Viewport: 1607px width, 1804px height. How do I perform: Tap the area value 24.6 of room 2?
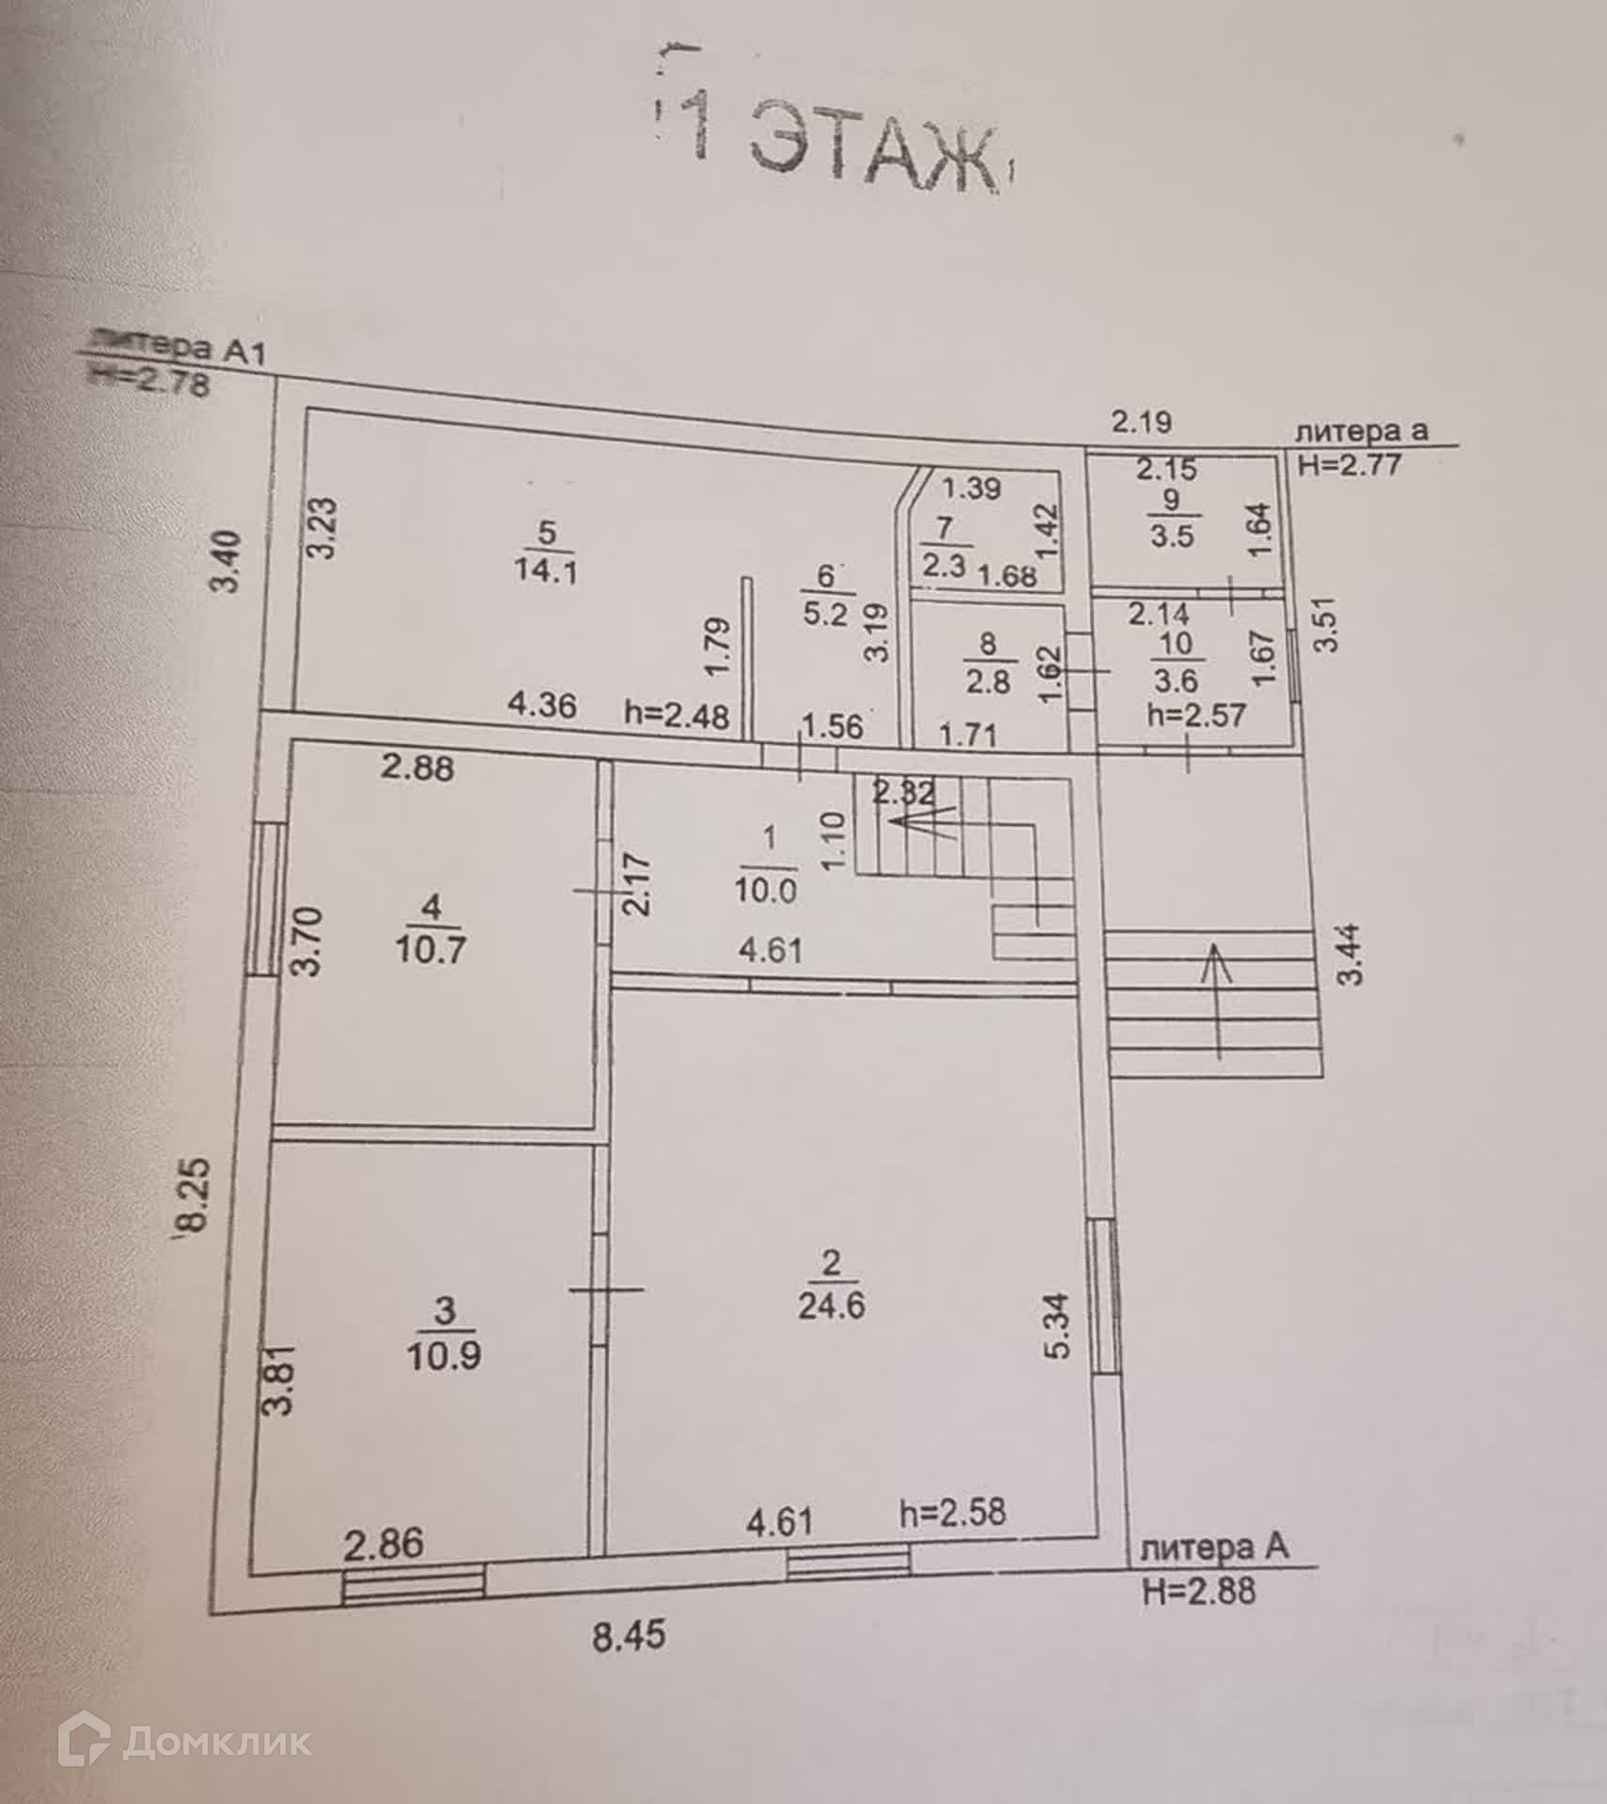[831, 1306]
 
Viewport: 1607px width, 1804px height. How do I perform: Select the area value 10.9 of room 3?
[444, 1356]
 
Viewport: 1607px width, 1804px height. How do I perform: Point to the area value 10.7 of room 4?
[429, 950]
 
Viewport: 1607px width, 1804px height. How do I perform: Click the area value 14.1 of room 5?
[545, 571]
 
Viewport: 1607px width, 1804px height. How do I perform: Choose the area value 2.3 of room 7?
[944, 567]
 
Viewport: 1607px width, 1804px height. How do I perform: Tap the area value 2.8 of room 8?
[987, 681]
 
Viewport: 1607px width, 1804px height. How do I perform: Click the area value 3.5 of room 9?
[1172, 537]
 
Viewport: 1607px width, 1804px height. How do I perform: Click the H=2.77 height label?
[1350, 463]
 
